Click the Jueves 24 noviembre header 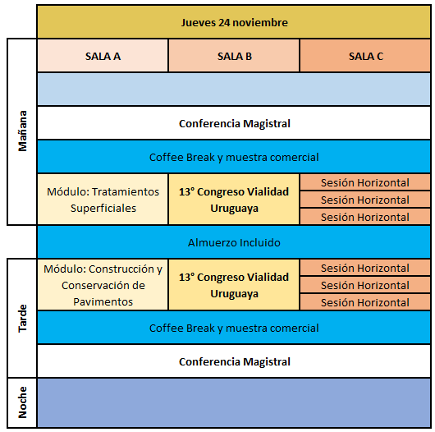point(234,22)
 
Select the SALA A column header point(103,56)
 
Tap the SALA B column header point(234,56)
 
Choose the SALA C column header point(365,56)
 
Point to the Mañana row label point(22,131)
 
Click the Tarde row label point(22,318)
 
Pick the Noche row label point(22,402)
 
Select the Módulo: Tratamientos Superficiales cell point(103,200)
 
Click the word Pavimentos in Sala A point(103,301)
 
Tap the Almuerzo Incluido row point(234,242)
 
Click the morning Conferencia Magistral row point(234,123)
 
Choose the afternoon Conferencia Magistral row point(234,361)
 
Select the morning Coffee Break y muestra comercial point(234,157)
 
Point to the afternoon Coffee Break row point(234,328)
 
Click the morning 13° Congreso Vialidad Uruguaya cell point(234,200)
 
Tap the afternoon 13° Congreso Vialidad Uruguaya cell point(234,285)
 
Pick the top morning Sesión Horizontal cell point(365,182)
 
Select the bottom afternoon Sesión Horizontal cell point(365,302)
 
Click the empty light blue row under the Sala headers point(234,90)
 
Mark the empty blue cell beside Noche point(234,402)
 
